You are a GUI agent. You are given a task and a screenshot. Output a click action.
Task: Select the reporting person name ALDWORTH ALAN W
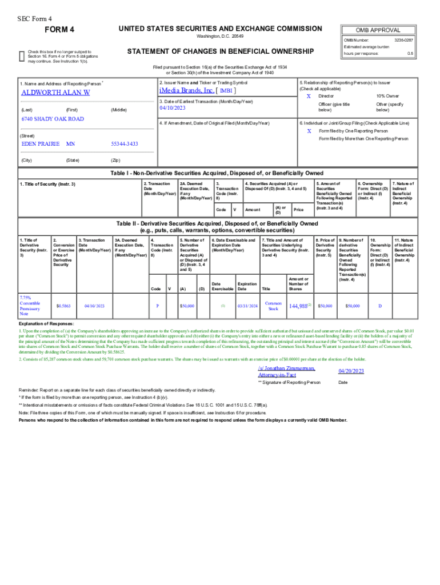(55, 93)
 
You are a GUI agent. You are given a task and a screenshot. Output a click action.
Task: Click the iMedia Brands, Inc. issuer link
(187, 90)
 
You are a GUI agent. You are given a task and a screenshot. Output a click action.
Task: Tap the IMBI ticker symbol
(226, 91)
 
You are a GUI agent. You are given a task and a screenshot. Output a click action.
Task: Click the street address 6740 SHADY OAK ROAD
(53, 119)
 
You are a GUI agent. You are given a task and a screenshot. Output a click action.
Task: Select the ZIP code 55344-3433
(125, 144)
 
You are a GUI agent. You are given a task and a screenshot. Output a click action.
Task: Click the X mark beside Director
(309, 96)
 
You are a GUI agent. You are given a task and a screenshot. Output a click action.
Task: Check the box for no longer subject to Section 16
(22, 55)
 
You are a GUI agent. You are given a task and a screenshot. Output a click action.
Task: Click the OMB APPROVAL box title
(378, 30)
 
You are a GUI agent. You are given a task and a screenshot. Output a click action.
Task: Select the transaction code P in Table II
(157, 306)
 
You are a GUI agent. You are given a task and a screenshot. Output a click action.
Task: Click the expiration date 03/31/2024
(247, 306)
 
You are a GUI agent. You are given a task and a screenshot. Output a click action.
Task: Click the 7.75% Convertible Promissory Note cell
(30, 306)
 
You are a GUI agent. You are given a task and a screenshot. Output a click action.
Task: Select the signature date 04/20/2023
(351, 371)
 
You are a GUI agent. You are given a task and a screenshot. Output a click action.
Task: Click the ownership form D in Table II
(380, 306)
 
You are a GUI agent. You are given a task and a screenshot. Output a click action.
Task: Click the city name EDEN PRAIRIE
(40, 144)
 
